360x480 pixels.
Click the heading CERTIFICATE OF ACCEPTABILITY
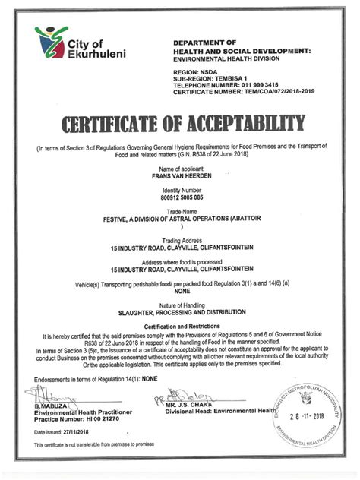[x=180, y=124]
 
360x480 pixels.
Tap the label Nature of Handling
[x=180, y=304]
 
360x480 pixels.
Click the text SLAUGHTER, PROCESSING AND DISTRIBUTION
[x=180, y=311]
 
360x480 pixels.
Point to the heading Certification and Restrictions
[x=180, y=326]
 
